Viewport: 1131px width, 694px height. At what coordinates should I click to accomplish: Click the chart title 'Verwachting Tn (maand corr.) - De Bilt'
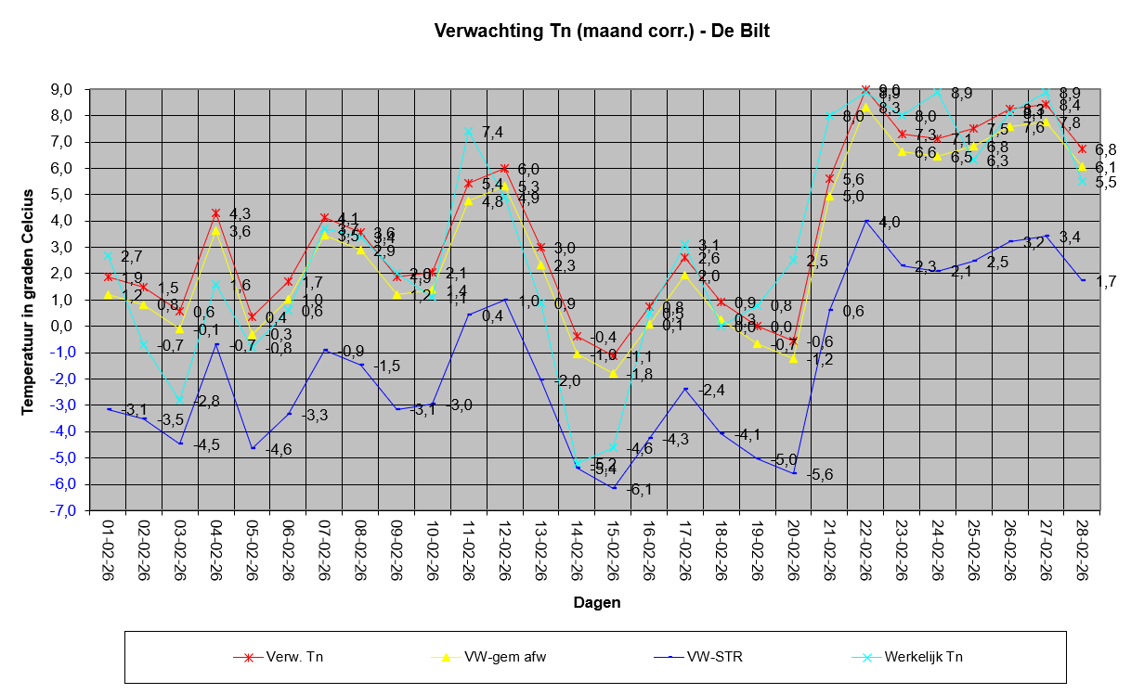[x=603, y=31]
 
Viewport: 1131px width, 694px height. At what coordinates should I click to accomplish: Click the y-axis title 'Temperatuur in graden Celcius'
[x=29, y=301]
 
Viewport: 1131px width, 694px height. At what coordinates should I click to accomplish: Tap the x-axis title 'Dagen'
[x=596, y=602]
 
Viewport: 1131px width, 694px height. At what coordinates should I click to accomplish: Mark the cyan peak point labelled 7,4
[x=469, y=131]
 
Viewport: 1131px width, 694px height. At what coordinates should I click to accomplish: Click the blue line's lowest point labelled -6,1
[x=613, y=487]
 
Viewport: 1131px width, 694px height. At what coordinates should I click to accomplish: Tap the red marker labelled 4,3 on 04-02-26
[x=216, y=213]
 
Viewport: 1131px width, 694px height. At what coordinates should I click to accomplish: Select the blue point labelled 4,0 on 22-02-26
[x=865, y=221]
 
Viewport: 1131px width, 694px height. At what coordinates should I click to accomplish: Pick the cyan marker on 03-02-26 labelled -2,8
[x=180, y=400]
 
